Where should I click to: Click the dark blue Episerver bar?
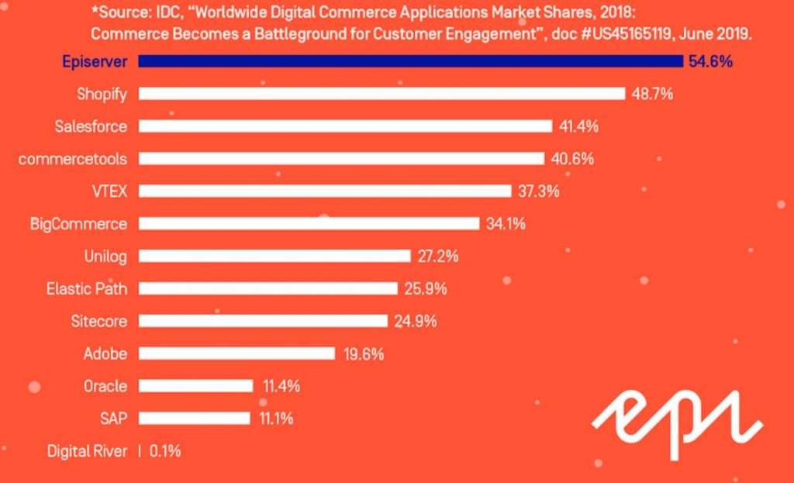[x=411, y=61]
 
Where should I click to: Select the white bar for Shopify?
[x=381, y=94]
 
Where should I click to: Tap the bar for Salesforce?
[x=345, y=126]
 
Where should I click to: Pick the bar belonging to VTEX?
[x=325, y=191]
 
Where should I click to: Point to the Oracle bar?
[x=195, y=386]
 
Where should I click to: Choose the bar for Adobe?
[x=236, y=354]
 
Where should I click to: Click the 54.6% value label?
[x=710, y=61]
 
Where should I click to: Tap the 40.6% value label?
[x=572, y=159]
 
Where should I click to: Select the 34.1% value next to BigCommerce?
[x=506, y=224]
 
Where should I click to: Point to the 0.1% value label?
[x=164, y=451]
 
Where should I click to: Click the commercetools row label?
[x=73, y=159]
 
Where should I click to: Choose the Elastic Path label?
[x=87, y=289]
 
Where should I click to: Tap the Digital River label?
[x=87, y=451]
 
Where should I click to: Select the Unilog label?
[x=105, y=257]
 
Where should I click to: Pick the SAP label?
[x=113, y=419]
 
